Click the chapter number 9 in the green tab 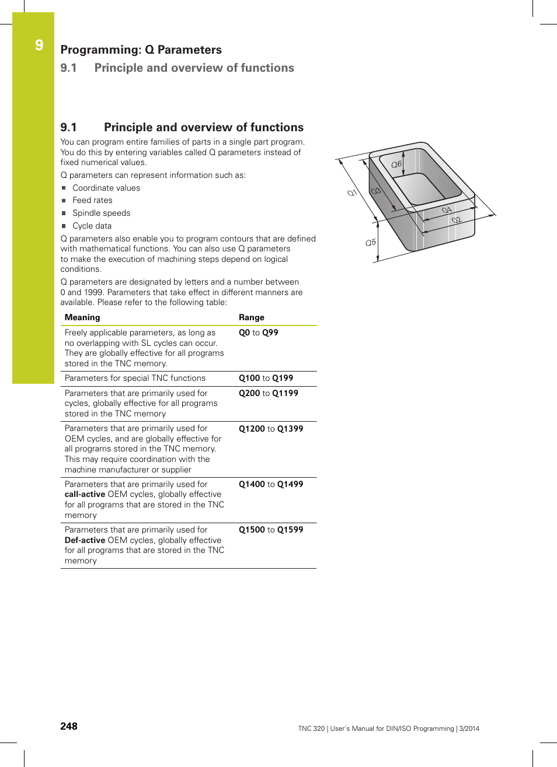39,45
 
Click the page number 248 69,726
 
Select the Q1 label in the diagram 352,192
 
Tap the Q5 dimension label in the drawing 371,242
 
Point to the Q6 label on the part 396,164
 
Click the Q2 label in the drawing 457,220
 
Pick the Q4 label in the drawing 447,210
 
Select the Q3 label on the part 376,191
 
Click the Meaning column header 82,317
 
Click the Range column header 252,317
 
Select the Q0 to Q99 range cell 259,332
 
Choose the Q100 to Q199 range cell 266,378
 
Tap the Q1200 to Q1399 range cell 271,429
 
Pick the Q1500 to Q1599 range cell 271,530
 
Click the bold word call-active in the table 85,494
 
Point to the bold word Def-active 85,540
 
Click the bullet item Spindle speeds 101,213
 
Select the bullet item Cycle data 92,226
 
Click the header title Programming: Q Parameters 141,50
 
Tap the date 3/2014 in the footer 469,729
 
